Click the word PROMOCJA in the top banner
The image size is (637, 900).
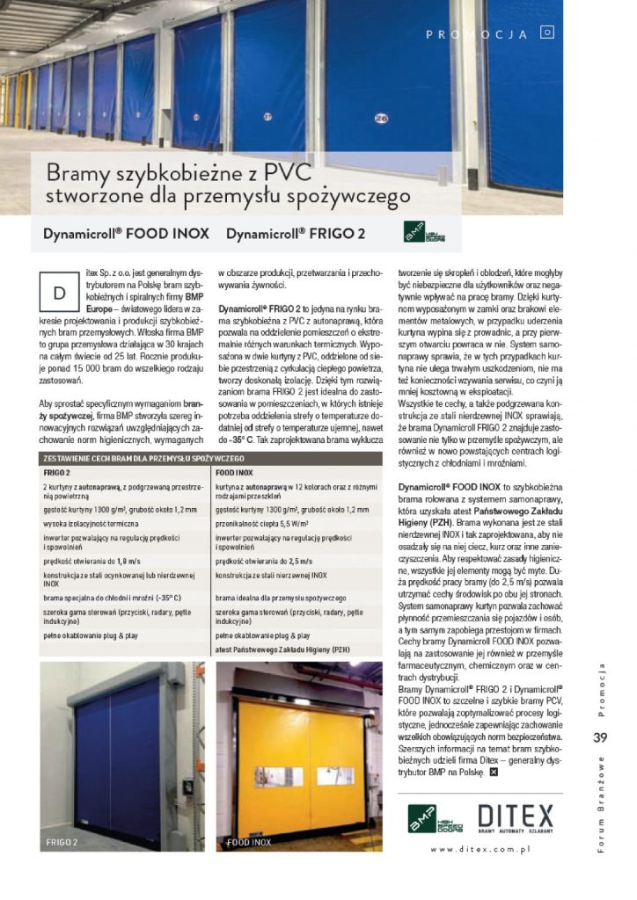pos(476,35)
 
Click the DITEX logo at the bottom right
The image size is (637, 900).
pos(515,816)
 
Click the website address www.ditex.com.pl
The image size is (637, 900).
pos(479,849)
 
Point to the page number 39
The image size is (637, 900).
pos(601,737)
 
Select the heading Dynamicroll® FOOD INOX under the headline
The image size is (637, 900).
pos(126,234)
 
